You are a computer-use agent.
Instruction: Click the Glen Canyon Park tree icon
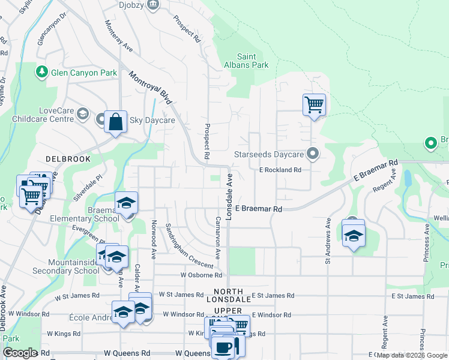click(42, 73)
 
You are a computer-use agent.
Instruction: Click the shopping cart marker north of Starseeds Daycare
click(314, 104)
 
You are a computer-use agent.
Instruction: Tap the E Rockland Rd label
click(280, 170)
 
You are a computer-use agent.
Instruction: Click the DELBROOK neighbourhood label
click(68, 160)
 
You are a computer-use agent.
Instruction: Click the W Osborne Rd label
click(201, 275)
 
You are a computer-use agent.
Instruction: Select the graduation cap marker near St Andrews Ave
click(354, 234)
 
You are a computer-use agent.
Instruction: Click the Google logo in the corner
click(20, 353)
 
